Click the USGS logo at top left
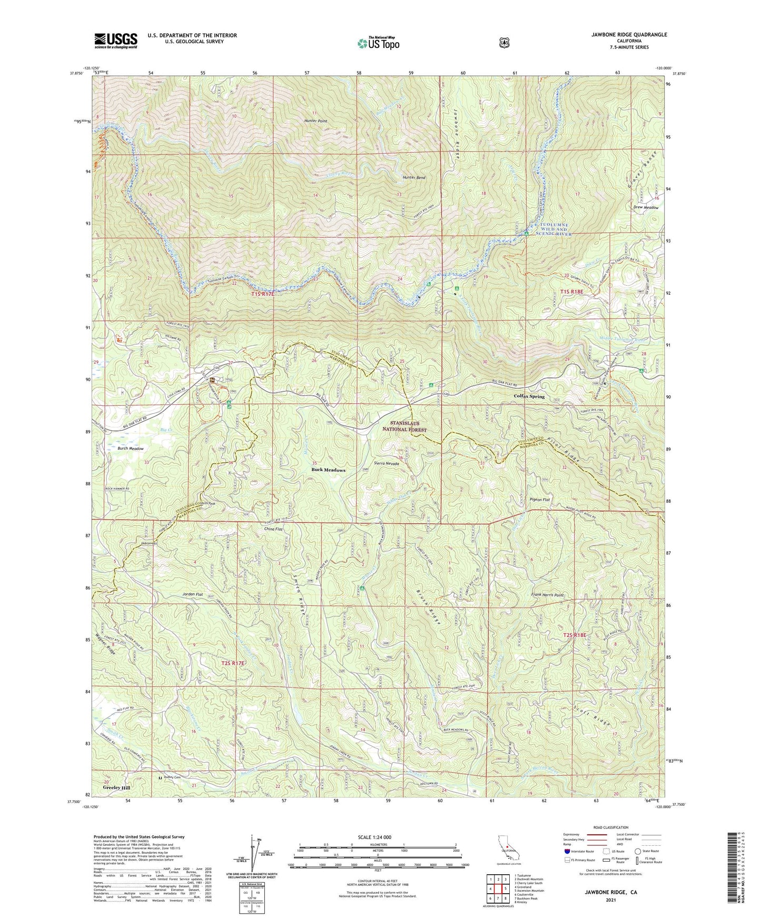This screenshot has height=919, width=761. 116,41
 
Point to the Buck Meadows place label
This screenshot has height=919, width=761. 328,470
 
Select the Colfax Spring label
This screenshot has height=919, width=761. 529,396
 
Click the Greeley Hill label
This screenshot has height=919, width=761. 116,788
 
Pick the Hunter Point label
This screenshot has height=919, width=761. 315,121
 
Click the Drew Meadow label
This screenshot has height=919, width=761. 646,207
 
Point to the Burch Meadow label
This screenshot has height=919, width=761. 131,448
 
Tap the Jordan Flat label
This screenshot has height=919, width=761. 193,594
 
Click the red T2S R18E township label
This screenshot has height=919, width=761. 575,635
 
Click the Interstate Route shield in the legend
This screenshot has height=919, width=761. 566,851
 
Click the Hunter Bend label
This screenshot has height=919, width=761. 414,178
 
